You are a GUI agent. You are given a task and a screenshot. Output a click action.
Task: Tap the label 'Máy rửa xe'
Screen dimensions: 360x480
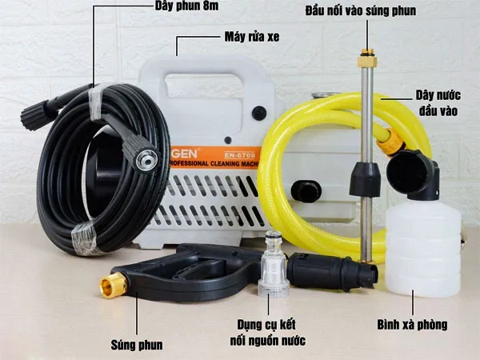click(x=251, y=37)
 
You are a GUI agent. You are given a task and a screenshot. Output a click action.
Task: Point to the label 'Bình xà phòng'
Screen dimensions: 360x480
click(x=411, y=326)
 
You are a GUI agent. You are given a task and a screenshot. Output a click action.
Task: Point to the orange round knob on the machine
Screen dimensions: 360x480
click(x=259, y=113)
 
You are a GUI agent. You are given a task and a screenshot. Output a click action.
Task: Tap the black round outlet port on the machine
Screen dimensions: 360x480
click(x=306, y=190)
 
